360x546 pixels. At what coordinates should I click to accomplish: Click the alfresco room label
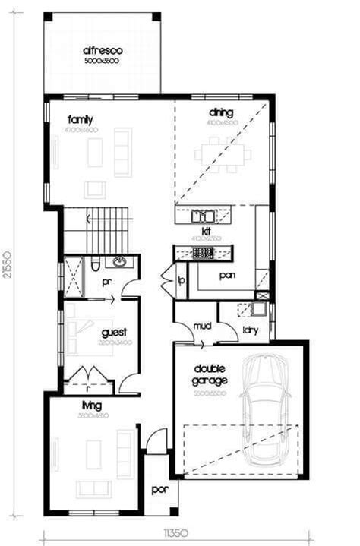point(103,51)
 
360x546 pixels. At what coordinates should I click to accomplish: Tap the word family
point(80,119)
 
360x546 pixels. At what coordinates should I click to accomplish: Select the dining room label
point(221,112)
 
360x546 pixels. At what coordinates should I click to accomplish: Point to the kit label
point(206,230)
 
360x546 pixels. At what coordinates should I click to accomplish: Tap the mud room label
point(201,327)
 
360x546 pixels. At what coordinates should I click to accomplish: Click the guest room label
point(113,332)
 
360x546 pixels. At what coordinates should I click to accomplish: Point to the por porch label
point(159,490)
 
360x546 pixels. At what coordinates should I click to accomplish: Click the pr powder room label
point(106,281)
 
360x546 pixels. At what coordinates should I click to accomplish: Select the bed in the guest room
point(78,332)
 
